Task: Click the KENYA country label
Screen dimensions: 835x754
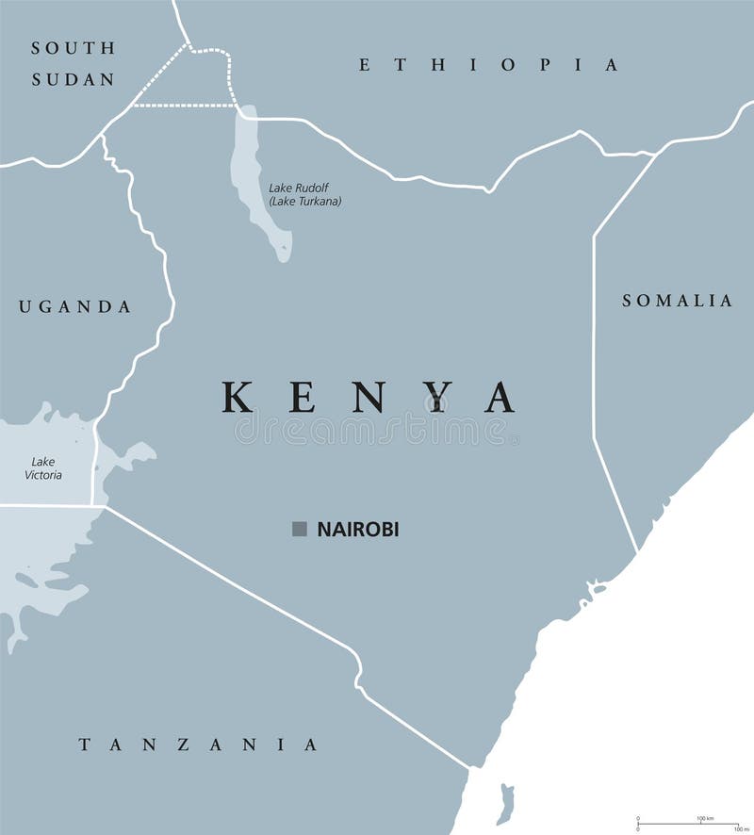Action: (x=369, y=397)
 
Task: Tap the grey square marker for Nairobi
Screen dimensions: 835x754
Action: (x=300, y=530)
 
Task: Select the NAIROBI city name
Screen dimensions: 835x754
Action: (x=358, y=530)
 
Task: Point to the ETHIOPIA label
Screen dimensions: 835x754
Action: (x=489, y=65)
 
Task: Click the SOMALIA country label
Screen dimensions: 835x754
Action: (x=677, y=301)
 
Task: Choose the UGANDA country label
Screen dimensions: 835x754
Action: (x=74, y=306)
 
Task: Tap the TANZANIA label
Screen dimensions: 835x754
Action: (x=198, y=745)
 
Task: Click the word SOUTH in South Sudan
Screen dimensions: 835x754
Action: (x=73, y=48)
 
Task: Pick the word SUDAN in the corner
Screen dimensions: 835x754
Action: (x=73, y=79)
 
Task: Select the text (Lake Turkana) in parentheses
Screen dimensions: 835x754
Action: (x=304, y=201)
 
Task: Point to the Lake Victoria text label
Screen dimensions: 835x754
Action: (x=44, y=468)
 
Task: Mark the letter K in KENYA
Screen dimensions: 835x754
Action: (x=238, y=397)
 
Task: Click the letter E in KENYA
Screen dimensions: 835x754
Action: (x=303, y=397)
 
